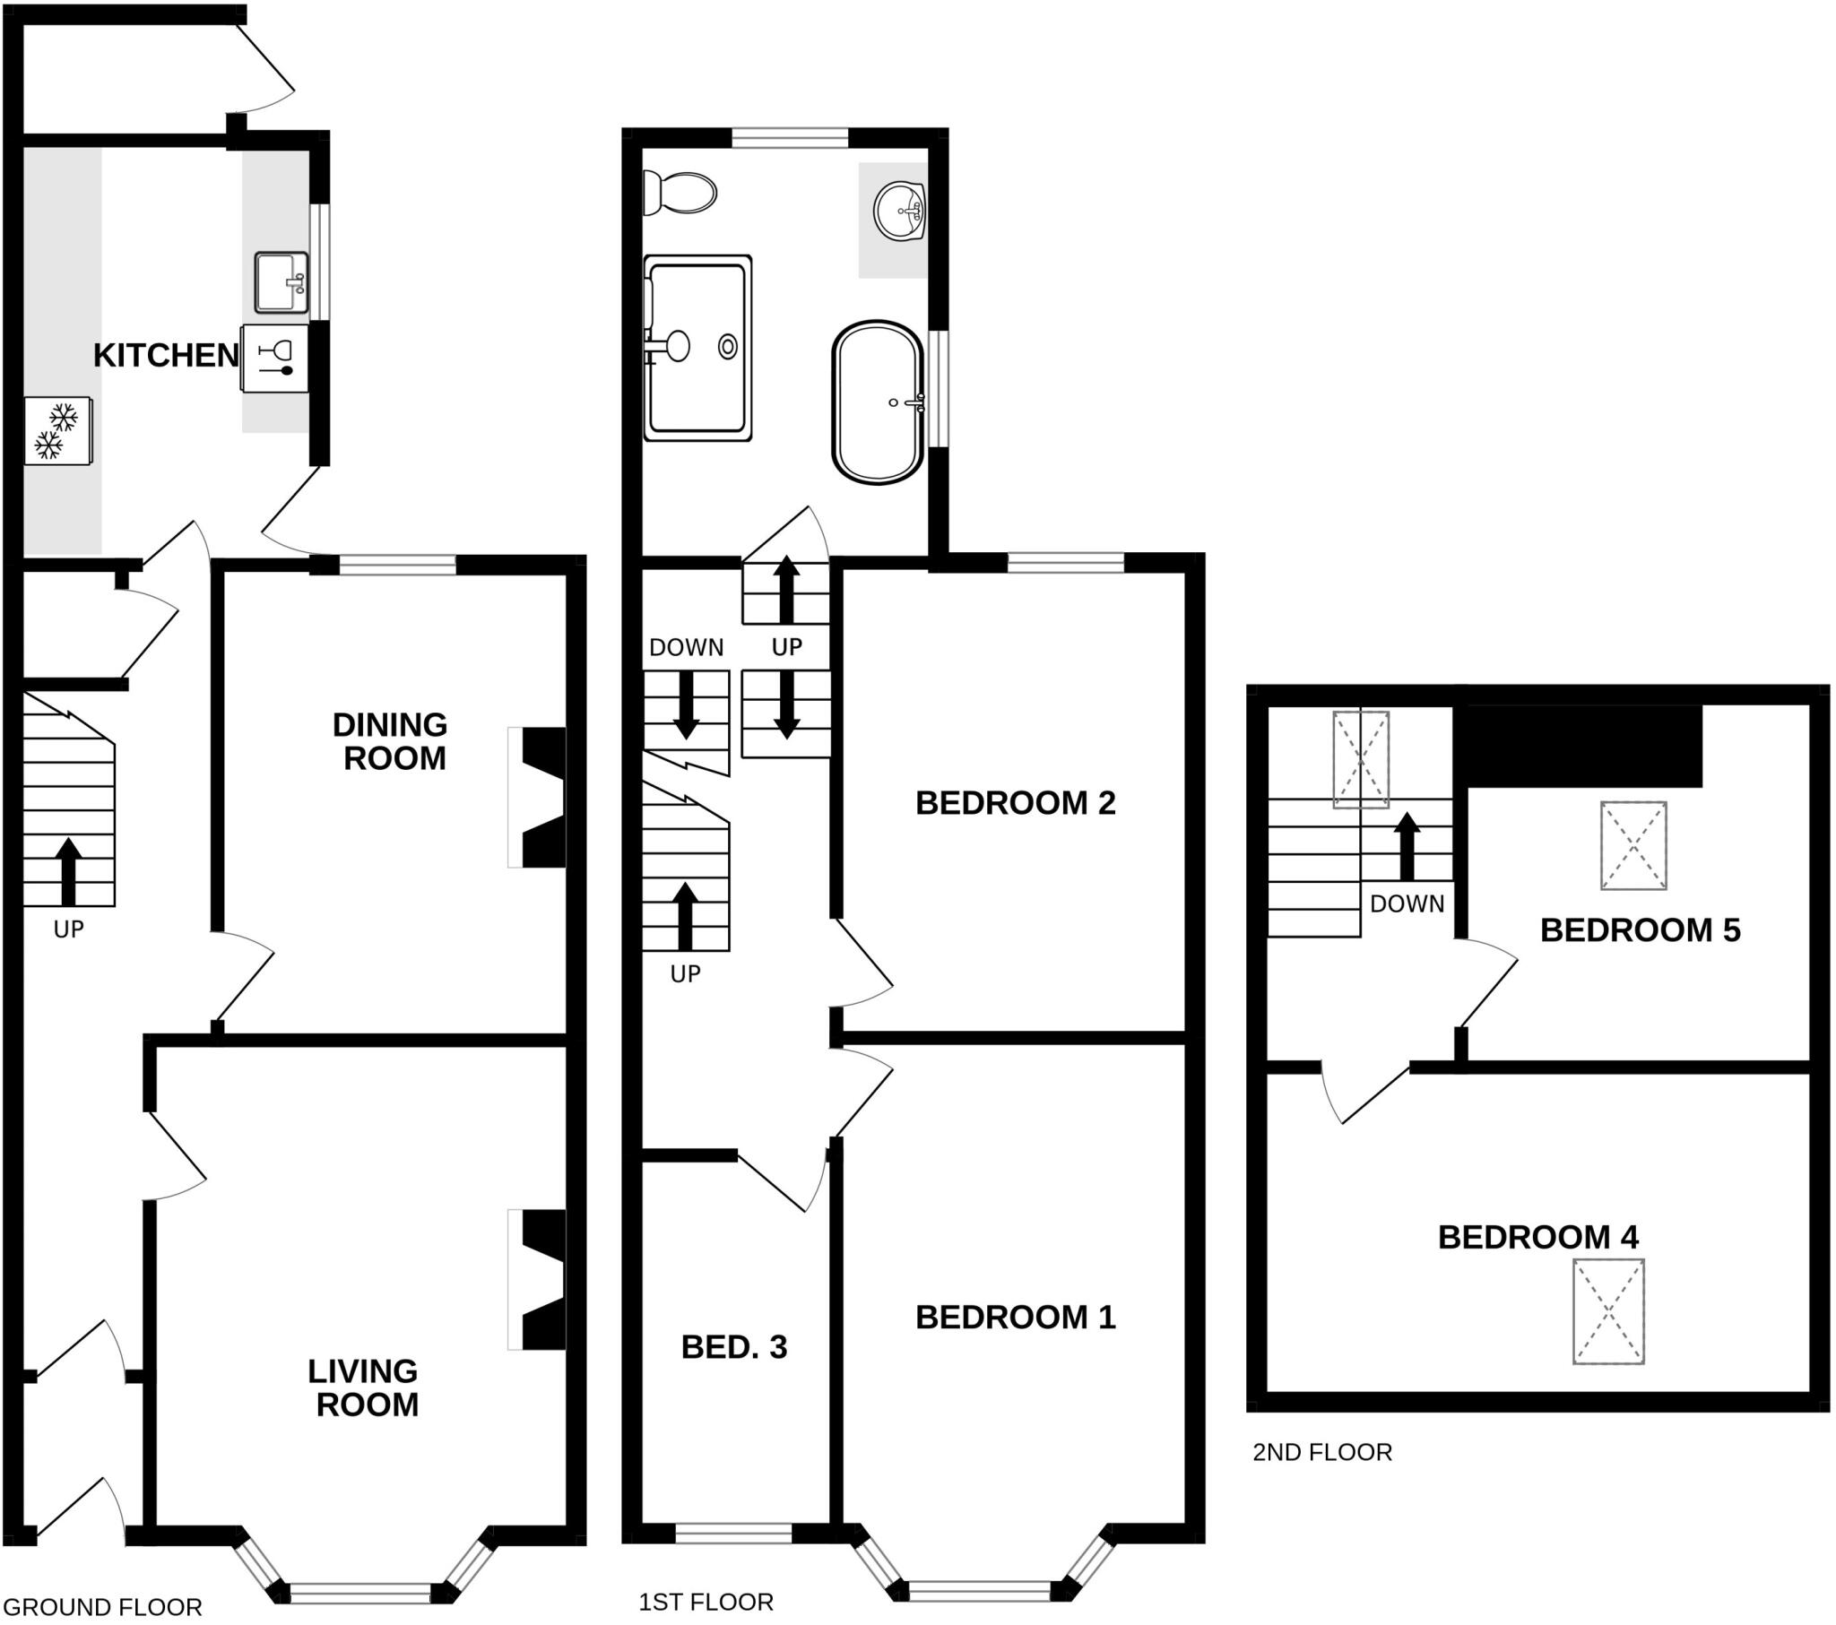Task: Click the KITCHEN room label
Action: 166,356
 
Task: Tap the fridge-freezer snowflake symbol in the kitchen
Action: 56,430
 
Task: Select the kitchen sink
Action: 281,282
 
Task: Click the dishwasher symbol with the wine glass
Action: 275,358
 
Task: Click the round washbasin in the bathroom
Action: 899,212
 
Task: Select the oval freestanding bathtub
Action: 878,402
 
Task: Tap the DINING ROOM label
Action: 391,741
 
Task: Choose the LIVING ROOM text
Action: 365,1387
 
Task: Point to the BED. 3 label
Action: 734,1346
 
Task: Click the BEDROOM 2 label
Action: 1015,802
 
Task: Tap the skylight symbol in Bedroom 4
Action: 1608,1311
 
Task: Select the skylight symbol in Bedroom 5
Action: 1633,845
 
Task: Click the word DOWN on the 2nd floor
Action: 1407,903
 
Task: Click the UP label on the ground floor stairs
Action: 68,929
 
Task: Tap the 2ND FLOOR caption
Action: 1321,1452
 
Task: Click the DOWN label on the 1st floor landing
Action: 686,647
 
